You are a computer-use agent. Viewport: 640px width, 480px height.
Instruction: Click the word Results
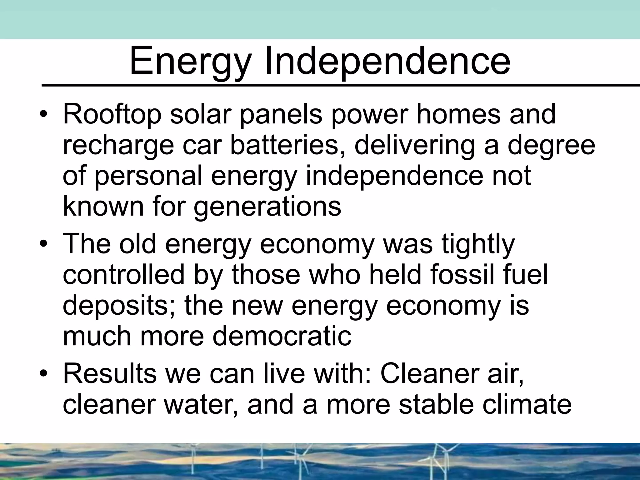pos(109,374)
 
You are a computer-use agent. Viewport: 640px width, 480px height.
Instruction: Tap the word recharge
pos(118,146)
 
